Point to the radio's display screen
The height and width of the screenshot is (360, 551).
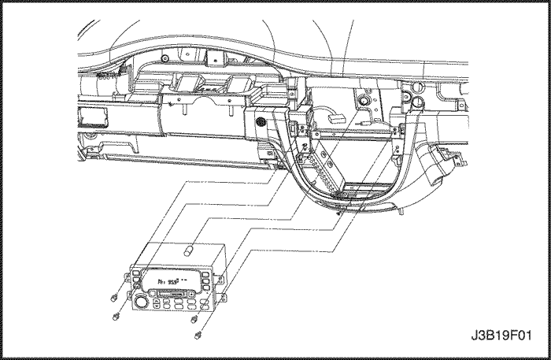pos(175,280)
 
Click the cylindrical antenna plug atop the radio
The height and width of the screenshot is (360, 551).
pos(188,252)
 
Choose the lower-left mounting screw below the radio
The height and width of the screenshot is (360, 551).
pos(118,315)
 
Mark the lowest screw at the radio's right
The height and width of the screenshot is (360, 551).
pos(197,334)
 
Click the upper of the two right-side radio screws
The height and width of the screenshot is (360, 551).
pos(194,320)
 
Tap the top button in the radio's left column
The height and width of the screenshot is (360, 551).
pos(135,272)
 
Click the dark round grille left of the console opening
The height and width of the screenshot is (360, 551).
pos(260,123)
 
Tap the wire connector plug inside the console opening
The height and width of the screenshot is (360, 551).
pos(333,116)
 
